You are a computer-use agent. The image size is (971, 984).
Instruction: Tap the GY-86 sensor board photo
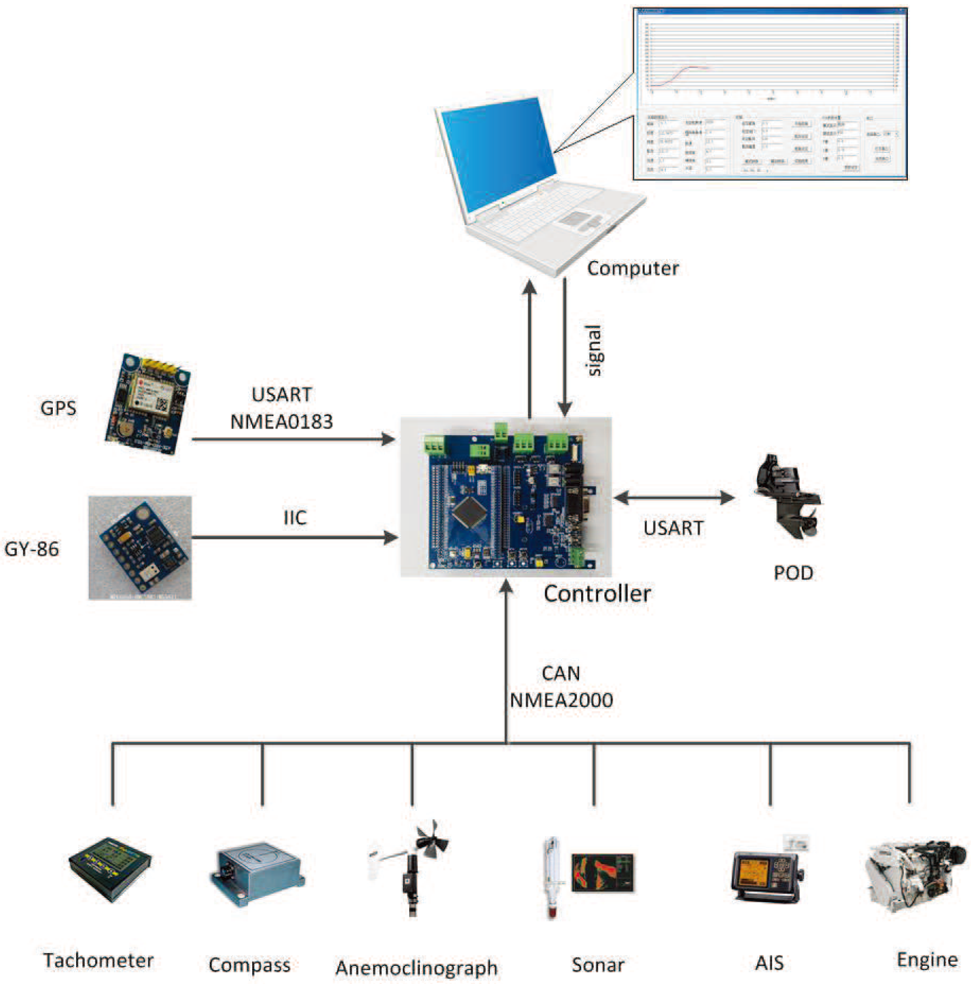tap(140, 548)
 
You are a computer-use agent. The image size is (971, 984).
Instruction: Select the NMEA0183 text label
tap(281, 421)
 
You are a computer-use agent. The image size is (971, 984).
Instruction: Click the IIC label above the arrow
tap(295, 517)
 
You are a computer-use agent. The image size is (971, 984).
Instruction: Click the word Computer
tap(632, 268)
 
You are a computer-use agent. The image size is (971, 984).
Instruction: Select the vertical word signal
tap(594, 350)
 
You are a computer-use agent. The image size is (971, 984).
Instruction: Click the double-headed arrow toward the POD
tap(673, 498)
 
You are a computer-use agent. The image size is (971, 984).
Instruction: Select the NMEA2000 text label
tap(561, 701)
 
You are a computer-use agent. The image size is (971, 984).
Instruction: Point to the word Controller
tap(597, 593)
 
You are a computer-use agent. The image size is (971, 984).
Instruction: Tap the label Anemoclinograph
tap(416, 967)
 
